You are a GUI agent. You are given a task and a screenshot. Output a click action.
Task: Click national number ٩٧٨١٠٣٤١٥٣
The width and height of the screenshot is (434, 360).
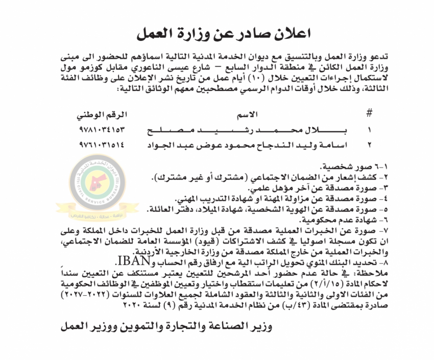[x=102, y=130]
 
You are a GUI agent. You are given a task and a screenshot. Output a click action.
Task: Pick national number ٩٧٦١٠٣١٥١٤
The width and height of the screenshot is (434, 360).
[x=102, y=145]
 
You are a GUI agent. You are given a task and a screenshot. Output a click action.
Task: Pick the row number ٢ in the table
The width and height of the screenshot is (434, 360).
[x=370, y=145]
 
